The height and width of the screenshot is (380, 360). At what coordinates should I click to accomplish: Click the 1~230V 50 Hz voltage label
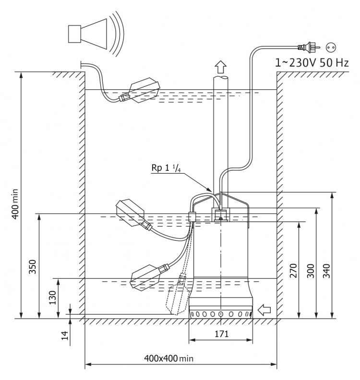[x=312, y=63]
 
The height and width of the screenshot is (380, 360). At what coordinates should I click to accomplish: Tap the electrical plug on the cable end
[x=309, y=47]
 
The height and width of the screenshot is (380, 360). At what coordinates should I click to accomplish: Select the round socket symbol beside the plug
[x=331, y=47]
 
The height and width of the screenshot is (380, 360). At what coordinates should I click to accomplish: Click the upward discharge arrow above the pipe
[x=221, y=67]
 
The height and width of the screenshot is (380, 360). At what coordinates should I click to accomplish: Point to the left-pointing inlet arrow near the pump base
[x=264, y=310]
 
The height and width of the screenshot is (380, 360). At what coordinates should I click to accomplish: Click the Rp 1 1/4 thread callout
[x=166, y=168]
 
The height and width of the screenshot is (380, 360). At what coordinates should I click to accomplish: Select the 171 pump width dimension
[x=222, y=334]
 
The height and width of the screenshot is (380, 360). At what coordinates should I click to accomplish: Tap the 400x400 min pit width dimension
[x=169, y=358]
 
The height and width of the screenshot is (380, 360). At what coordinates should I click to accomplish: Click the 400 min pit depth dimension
[x=15, y=204]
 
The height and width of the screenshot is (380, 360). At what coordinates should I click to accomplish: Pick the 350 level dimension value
[x=32, y=267]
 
